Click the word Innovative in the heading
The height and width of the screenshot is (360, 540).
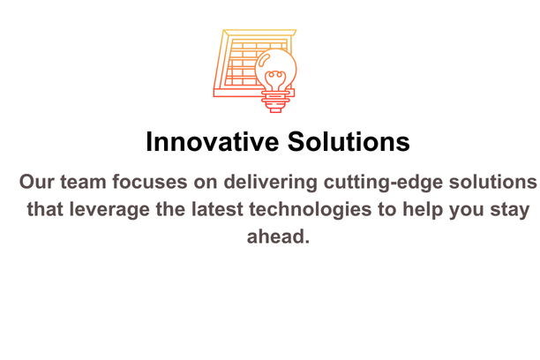(212, 141)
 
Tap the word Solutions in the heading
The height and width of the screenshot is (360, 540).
(349, 141)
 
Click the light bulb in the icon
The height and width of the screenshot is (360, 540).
(275, 80)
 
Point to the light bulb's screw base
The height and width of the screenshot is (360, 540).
(275, 101)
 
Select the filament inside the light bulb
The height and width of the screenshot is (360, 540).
(275, 80)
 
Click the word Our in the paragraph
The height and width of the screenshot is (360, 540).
(36, 182)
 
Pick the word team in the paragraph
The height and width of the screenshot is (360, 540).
(83, 182)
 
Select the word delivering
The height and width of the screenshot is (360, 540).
(270, 182)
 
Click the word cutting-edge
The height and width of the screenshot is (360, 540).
(383, 182)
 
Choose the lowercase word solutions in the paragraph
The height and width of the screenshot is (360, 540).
(493, 182)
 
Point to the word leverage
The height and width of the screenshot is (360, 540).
(109, 209)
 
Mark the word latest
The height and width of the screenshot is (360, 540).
(217, 209)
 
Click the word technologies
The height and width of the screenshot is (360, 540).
(311, 209)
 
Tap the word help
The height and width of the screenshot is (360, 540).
(423, 209)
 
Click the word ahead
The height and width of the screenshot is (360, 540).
(278, 236)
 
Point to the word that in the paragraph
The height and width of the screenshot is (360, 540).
(45, 209)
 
